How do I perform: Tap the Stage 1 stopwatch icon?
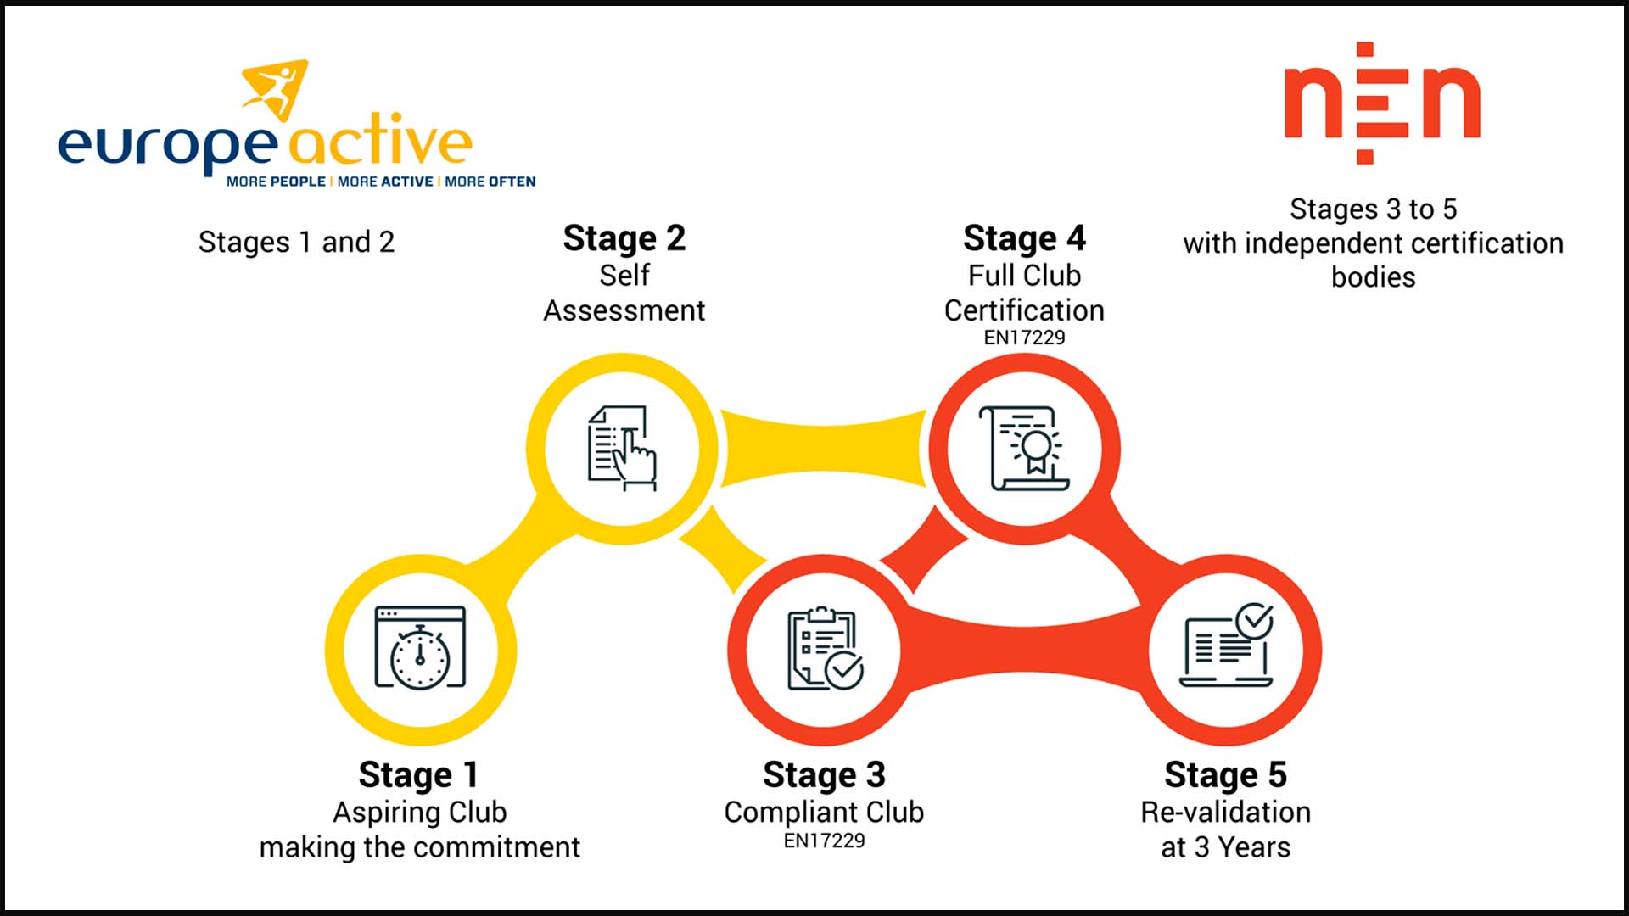[x=420, y=650]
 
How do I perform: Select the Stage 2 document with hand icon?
[x=622, y=448]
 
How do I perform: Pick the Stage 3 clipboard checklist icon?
[x=824, y=650]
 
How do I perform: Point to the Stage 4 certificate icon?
[x=1025, y=448]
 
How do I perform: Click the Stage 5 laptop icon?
[x=1227, y=648]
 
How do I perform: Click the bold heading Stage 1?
[x=419, y=774]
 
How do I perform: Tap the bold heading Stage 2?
[x=624, y=238]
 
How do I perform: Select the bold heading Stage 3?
[x=824, y=774]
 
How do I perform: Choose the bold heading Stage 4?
[x=1024, y=238]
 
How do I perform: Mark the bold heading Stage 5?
[x=1225, y=774]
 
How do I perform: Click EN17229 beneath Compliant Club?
[x=824, y=841]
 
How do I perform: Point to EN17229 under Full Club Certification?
[x=1024, y=338]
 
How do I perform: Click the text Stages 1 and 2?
[x=296, y=243]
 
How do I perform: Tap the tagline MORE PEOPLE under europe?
[x=276, y=182]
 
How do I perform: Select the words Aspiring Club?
[x=419, y=812]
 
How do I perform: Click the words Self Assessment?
[x=624, y=293]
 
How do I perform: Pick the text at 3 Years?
[x=1225, y=847]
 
